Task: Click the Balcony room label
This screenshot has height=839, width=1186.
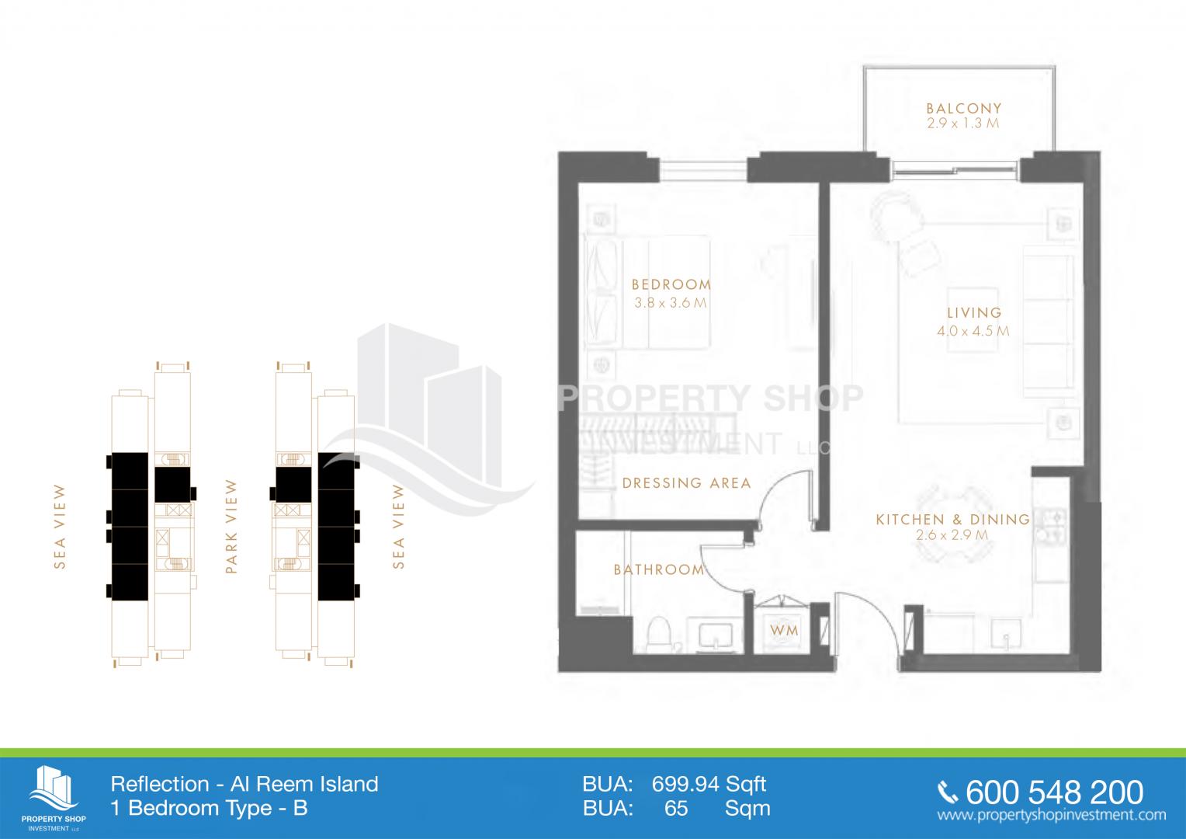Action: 964,108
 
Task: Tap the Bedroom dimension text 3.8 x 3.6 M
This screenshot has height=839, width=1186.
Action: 671,303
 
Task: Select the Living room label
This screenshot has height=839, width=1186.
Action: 974,313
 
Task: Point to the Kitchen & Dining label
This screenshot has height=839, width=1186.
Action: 953,520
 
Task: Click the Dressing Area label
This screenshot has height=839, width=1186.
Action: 687,483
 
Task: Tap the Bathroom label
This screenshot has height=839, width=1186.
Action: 659,569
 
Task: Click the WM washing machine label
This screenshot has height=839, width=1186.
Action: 784,630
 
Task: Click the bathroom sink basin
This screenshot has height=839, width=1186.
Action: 716,635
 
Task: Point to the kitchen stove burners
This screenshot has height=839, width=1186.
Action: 1051,524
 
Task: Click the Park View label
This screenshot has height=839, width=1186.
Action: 231,526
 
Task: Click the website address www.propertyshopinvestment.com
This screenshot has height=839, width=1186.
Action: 1052,815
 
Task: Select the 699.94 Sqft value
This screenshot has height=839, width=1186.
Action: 709,784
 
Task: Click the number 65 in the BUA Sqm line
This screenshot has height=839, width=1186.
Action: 676,808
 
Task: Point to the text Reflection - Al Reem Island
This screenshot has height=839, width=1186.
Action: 244,784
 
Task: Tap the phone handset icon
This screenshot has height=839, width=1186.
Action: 948,793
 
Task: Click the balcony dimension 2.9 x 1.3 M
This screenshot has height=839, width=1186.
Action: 963,124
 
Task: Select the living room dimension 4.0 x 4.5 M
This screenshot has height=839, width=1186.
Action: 973,331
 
